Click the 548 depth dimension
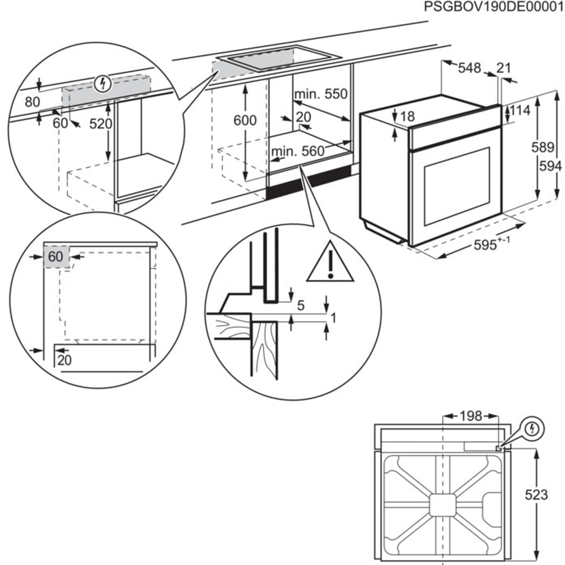469,68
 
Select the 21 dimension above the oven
503,68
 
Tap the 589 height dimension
542,148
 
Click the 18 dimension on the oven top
407,117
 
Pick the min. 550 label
320,94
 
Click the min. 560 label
297,151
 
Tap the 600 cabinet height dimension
245,120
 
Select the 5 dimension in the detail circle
301,306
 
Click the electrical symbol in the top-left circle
102,84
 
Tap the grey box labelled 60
56,257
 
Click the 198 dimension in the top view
470,416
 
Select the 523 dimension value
536,495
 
